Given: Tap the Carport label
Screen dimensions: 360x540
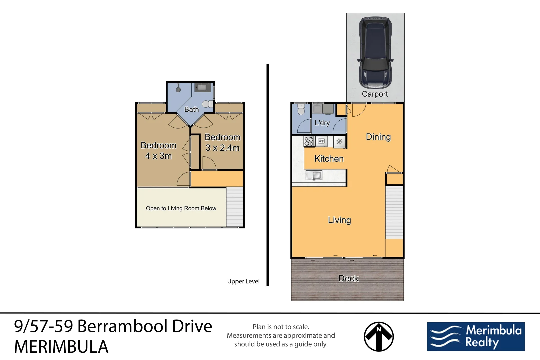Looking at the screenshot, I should click(x=375, y=94).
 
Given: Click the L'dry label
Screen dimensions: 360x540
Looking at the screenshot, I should click(x=322, y=123).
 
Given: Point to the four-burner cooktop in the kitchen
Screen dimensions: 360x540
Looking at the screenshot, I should click(x=309, y=141).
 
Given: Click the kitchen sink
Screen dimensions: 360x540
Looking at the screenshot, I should click(x=314, y=175).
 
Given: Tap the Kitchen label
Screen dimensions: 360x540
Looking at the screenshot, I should click(x=329, y=159).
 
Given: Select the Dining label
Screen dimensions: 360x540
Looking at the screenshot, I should click(x=378, y=137).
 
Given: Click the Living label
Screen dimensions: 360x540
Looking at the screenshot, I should click(x=339, y=220).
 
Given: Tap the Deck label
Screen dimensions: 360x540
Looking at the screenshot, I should click(x=348, y=278).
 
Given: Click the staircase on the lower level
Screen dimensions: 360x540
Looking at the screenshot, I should click(x=394, y=212).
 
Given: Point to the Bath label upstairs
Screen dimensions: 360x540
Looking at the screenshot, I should click(x=191, y=109).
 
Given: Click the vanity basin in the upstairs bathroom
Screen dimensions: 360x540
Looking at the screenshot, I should click(x=202, y=88).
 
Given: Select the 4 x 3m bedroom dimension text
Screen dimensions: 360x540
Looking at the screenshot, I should click(x=158, y=156).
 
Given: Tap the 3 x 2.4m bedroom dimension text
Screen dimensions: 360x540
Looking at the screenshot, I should click(x=222, y=148).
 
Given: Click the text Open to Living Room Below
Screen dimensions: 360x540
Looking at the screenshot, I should click(x=181, y=208).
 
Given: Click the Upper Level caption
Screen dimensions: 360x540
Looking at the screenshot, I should click(x=243, y=281).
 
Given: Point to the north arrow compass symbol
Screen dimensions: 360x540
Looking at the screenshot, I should click(x=378, y=336).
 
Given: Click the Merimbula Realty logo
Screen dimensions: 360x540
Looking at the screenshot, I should click(x=476, y=336).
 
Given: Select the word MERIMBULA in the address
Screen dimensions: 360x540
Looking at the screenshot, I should click(x=61, y=347).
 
